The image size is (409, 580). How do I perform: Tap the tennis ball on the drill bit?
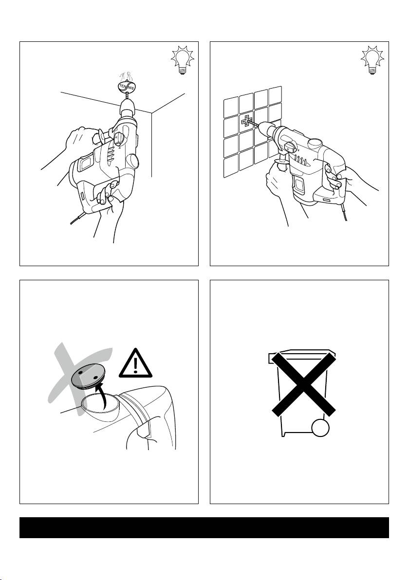[x=127, y=87]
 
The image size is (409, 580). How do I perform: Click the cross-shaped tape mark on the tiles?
[x=247, y=121]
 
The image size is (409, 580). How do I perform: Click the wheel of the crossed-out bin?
[x=320, y=428]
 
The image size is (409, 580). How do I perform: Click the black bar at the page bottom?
[x=204, y=527]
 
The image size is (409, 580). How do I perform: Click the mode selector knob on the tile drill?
[x=290, y=146]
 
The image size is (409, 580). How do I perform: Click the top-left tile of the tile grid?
[x=231, y=106]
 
